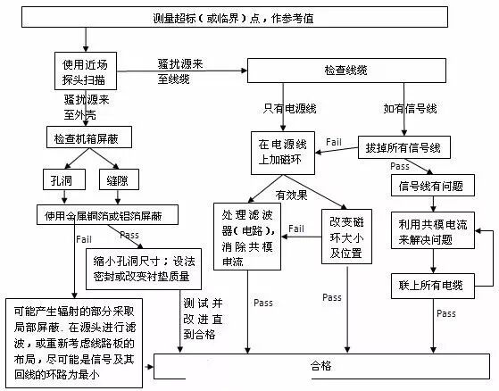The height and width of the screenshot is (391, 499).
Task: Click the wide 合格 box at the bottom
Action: click(x=319, y=364)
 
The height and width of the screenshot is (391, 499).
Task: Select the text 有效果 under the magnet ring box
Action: click(x=292, y=193)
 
